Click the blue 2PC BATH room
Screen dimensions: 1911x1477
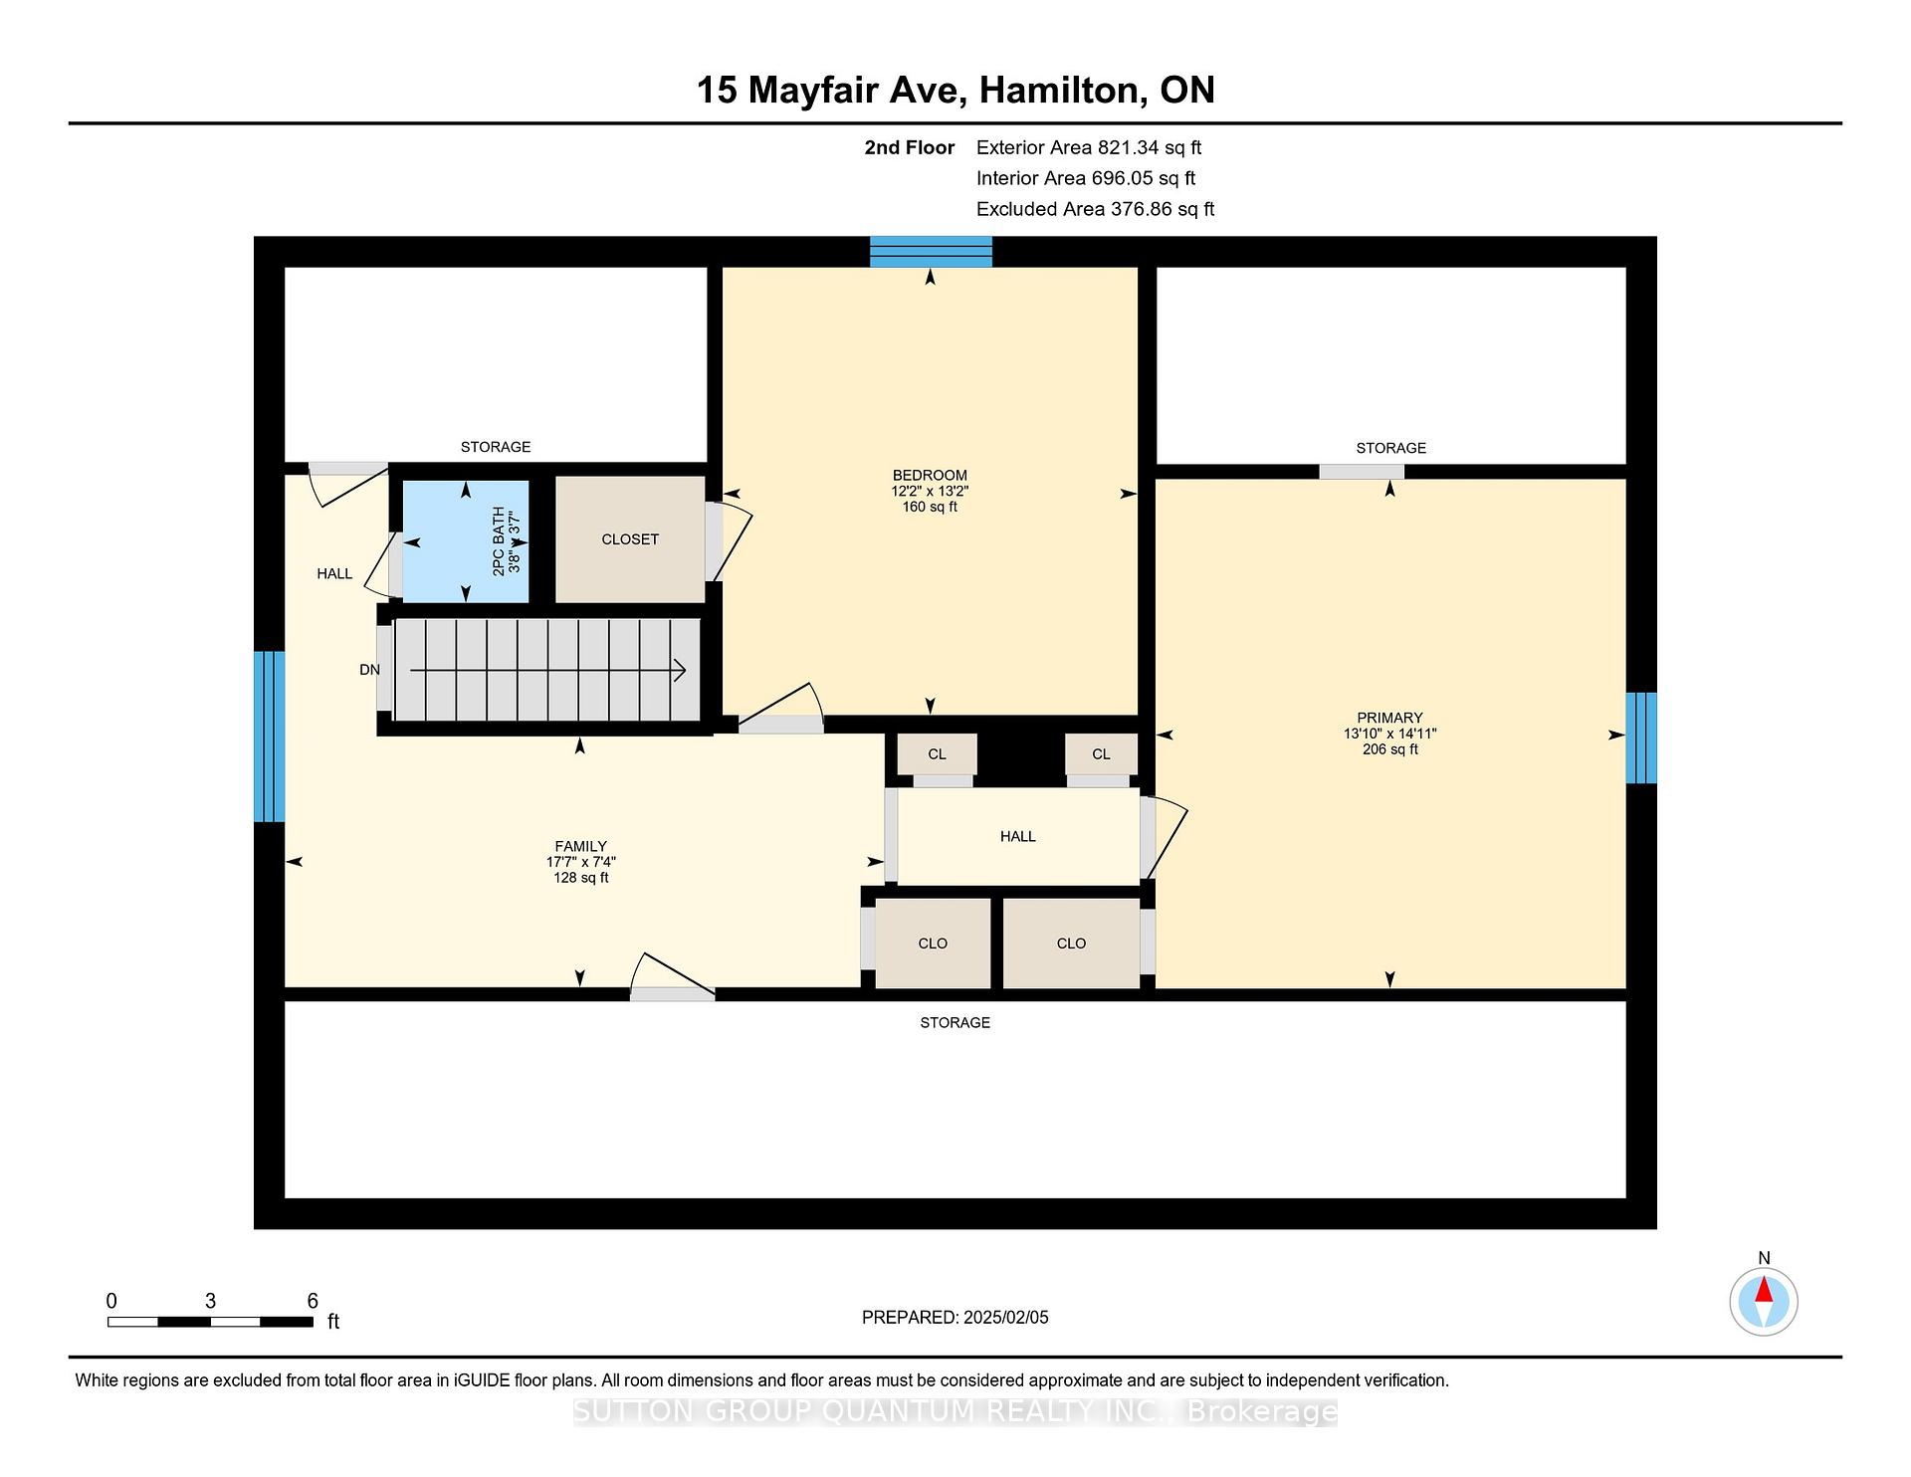[x=465, y=540]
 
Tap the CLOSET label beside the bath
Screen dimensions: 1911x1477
[x=630, y=539]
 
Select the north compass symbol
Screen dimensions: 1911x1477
[x=1764, y=1301]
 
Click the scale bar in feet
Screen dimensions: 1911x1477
[x=210, y=1322]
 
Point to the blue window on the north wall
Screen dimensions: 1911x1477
[x=931, y=252]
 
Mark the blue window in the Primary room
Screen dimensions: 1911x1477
[x=1641, y=738]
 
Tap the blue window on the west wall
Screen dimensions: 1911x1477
[x=269, y=737]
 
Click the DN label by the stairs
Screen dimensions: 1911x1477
[x=369, y=670]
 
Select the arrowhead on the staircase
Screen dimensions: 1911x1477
[x=680, y=672]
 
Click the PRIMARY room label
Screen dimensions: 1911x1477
[x=1389, y=718]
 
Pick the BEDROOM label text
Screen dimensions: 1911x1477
[x=930, y=475]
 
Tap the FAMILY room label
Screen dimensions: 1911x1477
[x=580, y=847]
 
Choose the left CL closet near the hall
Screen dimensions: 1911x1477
[x=937, y=754]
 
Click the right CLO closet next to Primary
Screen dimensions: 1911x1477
[x=1071, y=944]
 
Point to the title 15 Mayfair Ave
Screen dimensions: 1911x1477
[x=831, y=91]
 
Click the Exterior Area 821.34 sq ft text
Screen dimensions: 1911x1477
[x=1089, y=148]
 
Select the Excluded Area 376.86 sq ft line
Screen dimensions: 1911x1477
[x=1096, y=209]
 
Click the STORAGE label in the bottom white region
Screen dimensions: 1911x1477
[x=955, y=1022]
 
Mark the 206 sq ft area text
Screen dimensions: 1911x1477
[x=1389, y=749]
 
